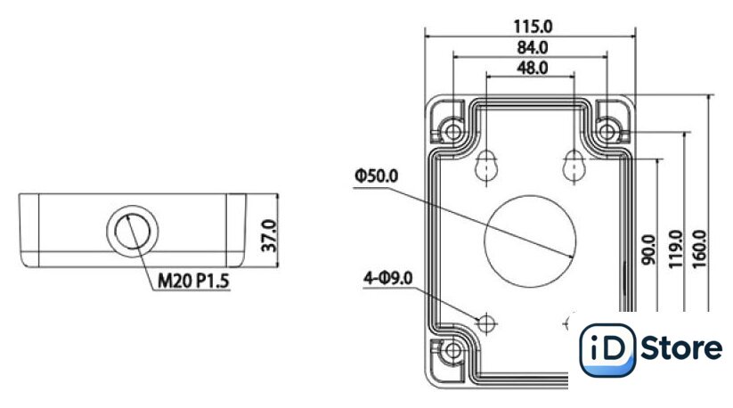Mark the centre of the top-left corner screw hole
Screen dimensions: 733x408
[453, 132]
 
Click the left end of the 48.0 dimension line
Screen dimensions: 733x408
[486, 77]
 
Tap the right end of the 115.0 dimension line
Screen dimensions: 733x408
[635, 36]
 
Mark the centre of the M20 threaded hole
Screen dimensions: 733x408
[133, 231]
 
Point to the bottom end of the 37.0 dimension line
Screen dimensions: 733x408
[277, 267]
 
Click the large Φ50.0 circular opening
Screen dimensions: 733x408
[530, 241]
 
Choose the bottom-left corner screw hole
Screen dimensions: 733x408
[453, 350]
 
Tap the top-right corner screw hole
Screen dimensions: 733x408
[607, 132]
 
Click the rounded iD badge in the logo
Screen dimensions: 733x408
[607, 350]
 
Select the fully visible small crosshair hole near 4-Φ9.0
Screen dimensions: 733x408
[486, 323]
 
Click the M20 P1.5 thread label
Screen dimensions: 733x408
[193, 282]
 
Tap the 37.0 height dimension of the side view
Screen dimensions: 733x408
[269, 236]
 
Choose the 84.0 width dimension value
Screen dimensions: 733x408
[533, 48]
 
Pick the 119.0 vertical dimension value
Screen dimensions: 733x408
[675, 249]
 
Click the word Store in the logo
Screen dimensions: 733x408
[681, 348]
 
